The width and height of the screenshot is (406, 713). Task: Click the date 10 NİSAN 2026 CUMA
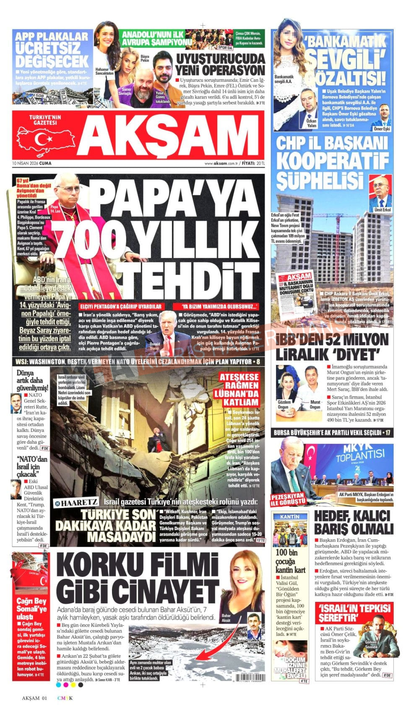coord(32,163)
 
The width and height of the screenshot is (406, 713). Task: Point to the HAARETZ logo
coord(76,502)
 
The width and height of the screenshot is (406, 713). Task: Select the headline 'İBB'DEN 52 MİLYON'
coord(333,339)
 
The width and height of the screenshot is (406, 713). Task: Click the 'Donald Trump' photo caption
coord(154,346)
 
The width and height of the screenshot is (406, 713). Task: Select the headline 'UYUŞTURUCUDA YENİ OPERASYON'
coord(220,64)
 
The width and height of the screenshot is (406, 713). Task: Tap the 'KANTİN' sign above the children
coord(290,517)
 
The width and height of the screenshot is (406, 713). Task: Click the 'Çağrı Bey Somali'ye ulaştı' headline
coord(31,609)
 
